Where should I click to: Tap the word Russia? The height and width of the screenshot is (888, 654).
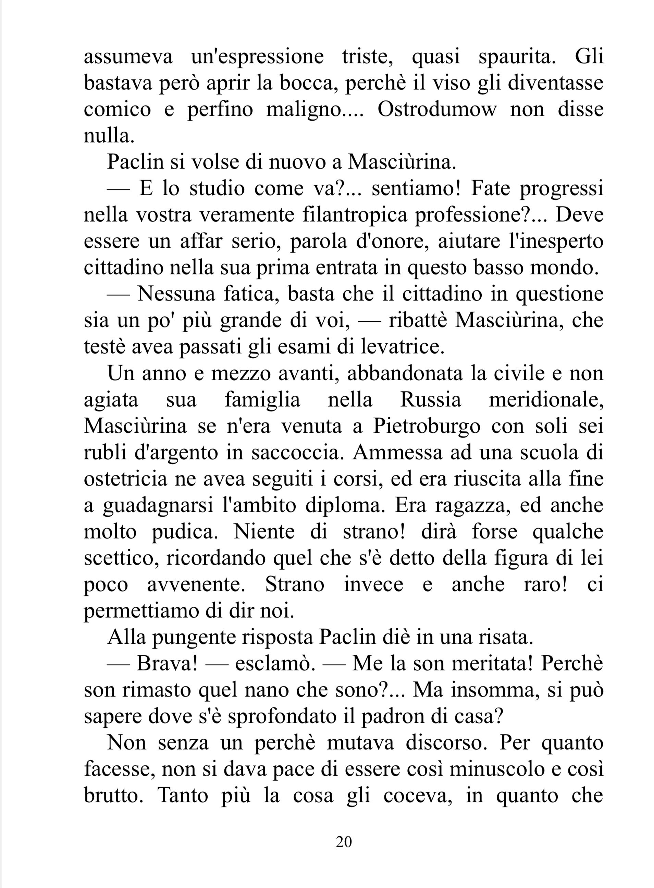click(x=431, y=400)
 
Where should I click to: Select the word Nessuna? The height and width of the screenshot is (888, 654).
click(x=176, y=295)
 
